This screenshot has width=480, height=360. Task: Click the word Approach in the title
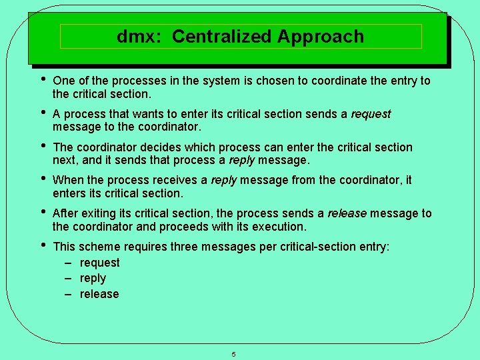(x=321, y=37)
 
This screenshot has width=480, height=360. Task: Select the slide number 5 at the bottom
(x=233, y=354)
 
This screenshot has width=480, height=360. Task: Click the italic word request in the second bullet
(x=371, y=115)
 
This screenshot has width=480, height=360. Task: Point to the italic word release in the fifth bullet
(x=347, y=213)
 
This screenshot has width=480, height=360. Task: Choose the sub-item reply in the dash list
(x=93, y=279)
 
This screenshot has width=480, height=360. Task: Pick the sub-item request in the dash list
(x=99, y=263)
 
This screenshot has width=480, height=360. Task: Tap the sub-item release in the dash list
(x=99, y=295)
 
